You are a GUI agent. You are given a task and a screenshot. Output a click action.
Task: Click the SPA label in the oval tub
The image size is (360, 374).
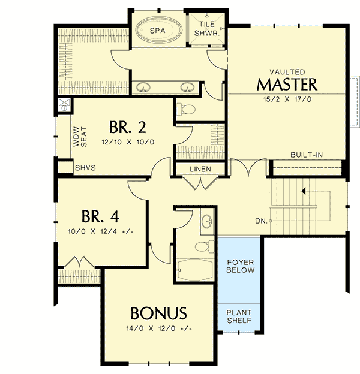coord(158,30)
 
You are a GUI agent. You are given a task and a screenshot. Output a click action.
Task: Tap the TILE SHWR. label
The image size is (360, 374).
coord(208,29)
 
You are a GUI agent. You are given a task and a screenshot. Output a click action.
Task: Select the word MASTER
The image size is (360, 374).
coord(287,83)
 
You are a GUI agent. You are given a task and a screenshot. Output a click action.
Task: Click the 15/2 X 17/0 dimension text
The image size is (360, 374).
coord(287,98)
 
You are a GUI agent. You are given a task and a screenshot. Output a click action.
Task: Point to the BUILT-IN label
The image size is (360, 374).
coord(307,155)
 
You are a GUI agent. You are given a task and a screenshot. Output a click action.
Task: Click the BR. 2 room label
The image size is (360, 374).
coord(128,128)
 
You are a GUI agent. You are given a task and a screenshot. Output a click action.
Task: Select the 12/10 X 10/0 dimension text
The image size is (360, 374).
coord(128,142)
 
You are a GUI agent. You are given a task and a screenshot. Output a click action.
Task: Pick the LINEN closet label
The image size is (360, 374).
coord(200,169)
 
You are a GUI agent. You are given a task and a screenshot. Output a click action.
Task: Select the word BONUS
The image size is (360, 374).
coord(159,313)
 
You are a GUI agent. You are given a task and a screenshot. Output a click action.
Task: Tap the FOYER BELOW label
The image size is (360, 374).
coord(240,266)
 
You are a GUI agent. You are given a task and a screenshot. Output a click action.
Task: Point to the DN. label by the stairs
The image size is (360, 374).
coord(260,221)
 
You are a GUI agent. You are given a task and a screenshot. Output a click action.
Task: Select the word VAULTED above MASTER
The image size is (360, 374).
coord(287,71)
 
